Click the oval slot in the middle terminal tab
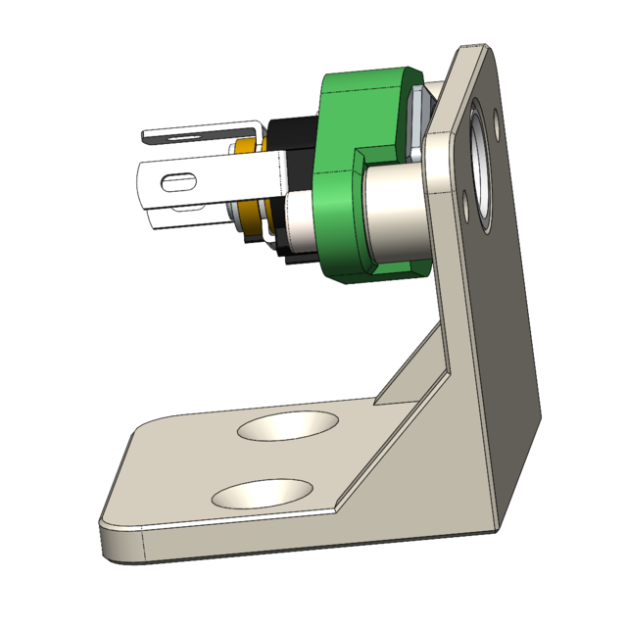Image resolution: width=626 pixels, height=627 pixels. pos(177,181)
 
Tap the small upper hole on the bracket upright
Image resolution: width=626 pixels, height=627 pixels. pos(499,121)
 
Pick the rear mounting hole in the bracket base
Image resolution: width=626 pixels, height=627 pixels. pos(288,425)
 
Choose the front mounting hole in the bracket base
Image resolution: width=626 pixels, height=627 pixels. pos(262,493)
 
